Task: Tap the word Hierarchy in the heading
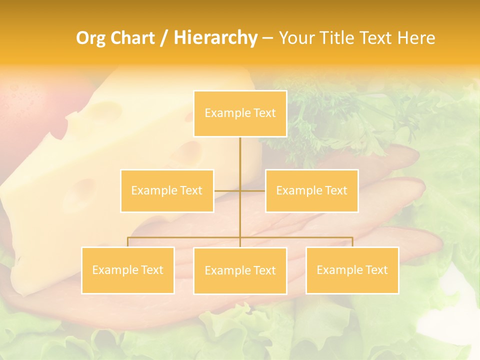click(x=215, y=38)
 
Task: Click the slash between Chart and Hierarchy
click(x=164, y=38)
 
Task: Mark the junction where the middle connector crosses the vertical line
click(x=240, y=190)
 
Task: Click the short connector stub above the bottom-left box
click(x=127, y=242)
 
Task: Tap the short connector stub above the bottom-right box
click(x=352, y=242)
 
